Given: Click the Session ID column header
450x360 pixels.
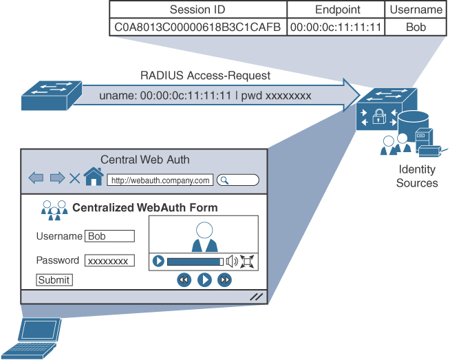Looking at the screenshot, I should click(x=197, y=10).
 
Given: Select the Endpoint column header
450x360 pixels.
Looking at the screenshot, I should click(x=336, y=10).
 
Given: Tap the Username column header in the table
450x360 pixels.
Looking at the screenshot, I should click(x=416, y=10).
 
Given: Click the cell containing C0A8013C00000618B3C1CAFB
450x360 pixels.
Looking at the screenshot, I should click(x=197, y=27).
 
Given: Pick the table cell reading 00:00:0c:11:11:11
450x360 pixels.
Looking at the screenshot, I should click(x=336, y=27).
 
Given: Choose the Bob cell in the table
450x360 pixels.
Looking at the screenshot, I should click(x=416, y=27).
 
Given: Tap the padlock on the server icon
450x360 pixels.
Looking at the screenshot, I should click(x=378, y=118).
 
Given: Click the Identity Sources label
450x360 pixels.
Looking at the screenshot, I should click(x=417, y=176).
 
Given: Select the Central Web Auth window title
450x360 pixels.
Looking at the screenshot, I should click(x=145, y=160).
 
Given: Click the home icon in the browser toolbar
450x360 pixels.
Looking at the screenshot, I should click(x=94, y=178).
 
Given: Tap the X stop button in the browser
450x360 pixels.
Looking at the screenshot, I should click(x=74, y=179).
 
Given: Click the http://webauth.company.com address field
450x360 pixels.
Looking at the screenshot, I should click(x=160, y=181).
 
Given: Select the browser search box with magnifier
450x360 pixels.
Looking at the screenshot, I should click(x=238, y=180).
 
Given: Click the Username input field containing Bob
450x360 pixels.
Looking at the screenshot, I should click(x=109, y=236).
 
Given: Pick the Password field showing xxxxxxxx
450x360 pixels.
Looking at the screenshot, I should click(x=109, y=261).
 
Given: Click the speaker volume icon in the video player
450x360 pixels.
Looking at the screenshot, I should click(x=232, y=261).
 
